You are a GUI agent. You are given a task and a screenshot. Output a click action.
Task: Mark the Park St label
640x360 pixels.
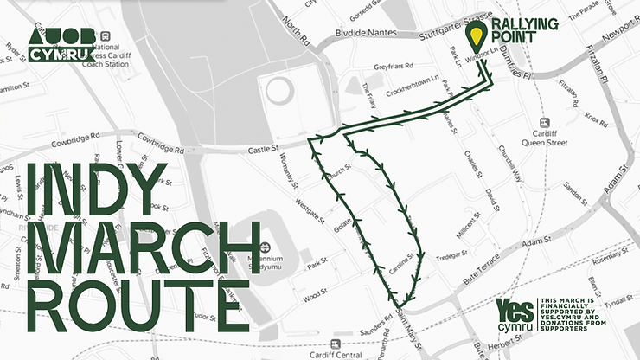(x=317, y=261)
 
